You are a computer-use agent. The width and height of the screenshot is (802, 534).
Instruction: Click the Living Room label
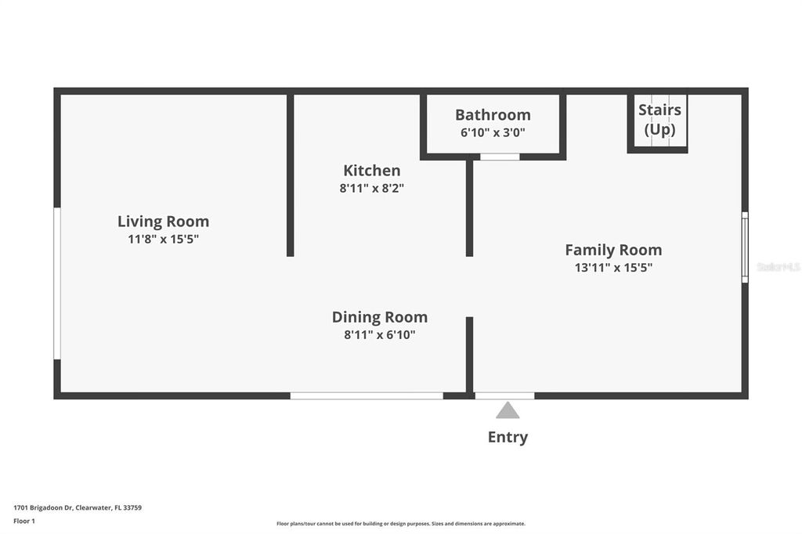pos(163,222)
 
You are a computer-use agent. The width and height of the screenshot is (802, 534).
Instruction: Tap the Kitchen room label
pos(372,171)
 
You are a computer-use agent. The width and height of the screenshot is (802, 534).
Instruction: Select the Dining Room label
pos(380,317)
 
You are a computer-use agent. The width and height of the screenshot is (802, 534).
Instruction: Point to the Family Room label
pos(613,250)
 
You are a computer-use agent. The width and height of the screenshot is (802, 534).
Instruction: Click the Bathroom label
pos(493,115)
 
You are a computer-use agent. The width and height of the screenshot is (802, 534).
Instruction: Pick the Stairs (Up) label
pos(659,119)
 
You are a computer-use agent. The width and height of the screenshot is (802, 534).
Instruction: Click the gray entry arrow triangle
pos(508,410)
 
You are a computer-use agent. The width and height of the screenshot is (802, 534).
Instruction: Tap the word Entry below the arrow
pos(508,438)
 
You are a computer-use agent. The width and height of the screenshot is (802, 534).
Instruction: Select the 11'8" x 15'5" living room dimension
pos(163,239)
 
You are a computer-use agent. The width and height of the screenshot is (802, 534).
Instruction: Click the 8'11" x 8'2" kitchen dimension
pos(372,188)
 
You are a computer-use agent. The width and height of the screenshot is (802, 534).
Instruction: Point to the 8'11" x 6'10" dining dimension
pos(380,335)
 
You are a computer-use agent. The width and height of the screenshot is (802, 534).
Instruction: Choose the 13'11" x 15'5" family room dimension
pos(613,268)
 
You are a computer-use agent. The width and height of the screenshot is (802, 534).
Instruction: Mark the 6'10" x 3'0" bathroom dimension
pos(493,132)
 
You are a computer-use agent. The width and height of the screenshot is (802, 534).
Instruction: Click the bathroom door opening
pos(500,157)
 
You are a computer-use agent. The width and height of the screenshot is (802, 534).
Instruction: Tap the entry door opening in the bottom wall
pos(505,396)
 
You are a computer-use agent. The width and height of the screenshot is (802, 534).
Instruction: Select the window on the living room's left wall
pos(57,283)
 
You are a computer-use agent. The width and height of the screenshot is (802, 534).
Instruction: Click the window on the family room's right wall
pos(746,247)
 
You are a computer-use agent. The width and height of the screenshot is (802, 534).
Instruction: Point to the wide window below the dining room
pos(367,396)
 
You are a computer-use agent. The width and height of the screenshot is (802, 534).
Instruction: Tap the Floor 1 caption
pos(24,521)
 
